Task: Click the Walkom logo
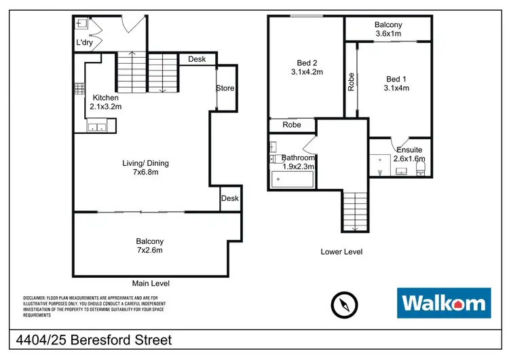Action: coord(444,303)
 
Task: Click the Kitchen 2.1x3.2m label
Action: coord(105,102)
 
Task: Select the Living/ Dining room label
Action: coord(145,167)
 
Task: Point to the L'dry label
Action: coord(85,43)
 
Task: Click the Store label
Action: coord(225,88)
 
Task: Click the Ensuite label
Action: coord(409,154)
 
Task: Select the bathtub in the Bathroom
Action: coord(293,179)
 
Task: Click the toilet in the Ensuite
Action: coord(420,167)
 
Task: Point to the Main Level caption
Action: coord(151,283)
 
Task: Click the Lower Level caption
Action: coord(341,252)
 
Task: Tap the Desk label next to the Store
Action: coord(197,60)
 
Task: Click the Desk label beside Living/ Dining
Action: coord(229,198)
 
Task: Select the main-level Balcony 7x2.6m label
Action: coord(150,245)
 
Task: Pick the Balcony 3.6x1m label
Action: coord(388,29)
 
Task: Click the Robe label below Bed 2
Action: coord(292,125)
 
